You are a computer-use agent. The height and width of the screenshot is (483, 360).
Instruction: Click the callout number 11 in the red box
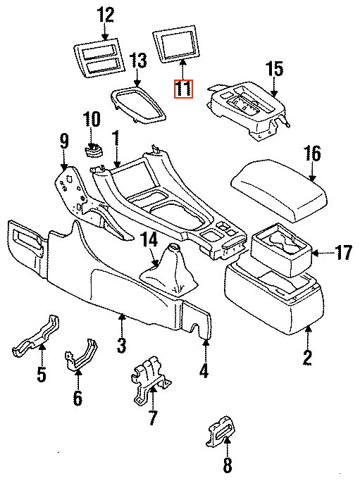tap(183, 89)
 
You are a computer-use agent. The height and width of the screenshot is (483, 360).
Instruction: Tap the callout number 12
tap(106, 15)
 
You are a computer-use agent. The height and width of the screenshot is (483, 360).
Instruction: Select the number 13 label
tap(138, 61)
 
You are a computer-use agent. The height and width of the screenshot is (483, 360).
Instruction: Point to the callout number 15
tap(274, 69)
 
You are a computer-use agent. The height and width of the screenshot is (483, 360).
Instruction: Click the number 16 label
tap(312, 153)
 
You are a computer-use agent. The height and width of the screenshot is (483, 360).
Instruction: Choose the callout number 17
tap(343, 253)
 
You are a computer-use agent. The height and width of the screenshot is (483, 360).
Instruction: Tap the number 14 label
tap(149, 239)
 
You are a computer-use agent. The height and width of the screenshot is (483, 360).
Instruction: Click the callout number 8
tap(227, 465)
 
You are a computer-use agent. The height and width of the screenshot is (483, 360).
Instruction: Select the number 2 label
tap(307, 358)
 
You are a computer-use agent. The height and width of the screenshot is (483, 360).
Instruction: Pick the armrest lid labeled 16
tap(279, 189)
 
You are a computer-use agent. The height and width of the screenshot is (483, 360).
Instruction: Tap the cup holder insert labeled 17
tap(282, 250)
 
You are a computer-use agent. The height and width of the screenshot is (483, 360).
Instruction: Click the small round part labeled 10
tap(94, 151)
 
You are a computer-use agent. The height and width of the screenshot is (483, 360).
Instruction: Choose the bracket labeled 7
tap(150, 381)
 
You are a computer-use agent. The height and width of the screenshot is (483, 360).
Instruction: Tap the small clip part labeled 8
tap(221, 431)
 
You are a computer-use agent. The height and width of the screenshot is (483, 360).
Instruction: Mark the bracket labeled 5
tap(36, 337)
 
